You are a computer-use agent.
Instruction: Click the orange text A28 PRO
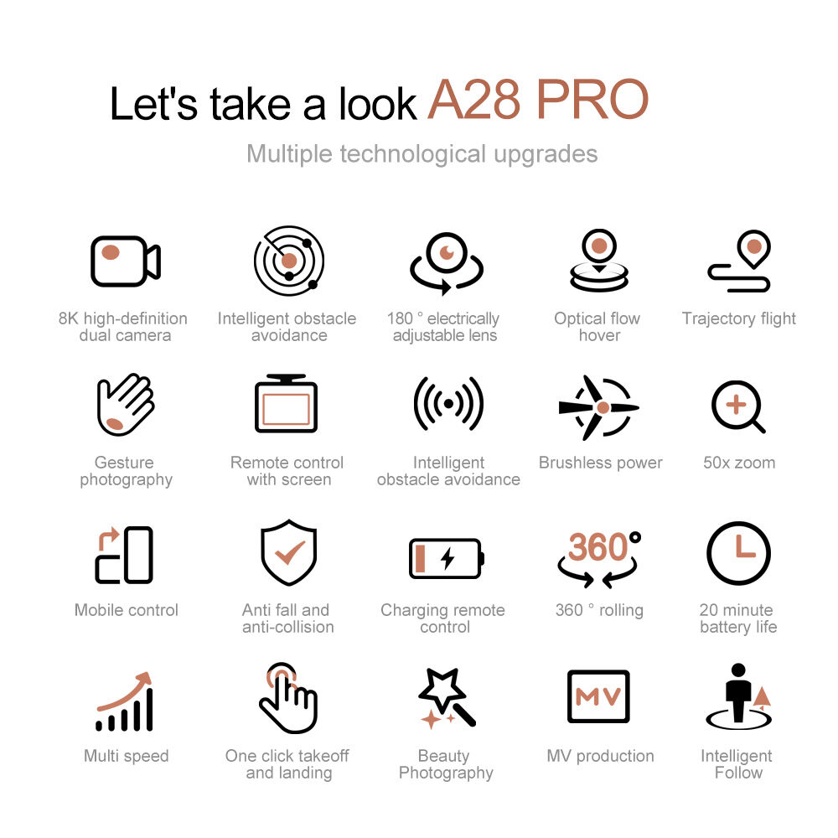click(538, 100)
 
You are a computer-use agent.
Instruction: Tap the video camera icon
click(126, 261)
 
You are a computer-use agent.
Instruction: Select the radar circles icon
click(289, 261)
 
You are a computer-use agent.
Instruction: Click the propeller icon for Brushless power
click(598, 407)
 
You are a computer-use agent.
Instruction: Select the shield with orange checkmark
click(288, 552)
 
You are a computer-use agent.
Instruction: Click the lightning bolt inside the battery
click(447, 558)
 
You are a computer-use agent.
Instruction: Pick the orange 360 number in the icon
click(597, 546)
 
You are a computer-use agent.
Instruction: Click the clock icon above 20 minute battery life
click(738, 554)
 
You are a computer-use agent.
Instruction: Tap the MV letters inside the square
click(598, 696)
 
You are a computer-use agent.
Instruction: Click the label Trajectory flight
click(738, 318)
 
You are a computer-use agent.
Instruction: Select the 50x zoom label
click(739, 463)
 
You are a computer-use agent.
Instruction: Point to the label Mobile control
click(127, 610)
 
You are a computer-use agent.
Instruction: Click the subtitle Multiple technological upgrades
click(422, 154)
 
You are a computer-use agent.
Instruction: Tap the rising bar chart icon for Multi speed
click(125, 701)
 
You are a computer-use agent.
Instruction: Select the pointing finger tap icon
click(288, 699)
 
